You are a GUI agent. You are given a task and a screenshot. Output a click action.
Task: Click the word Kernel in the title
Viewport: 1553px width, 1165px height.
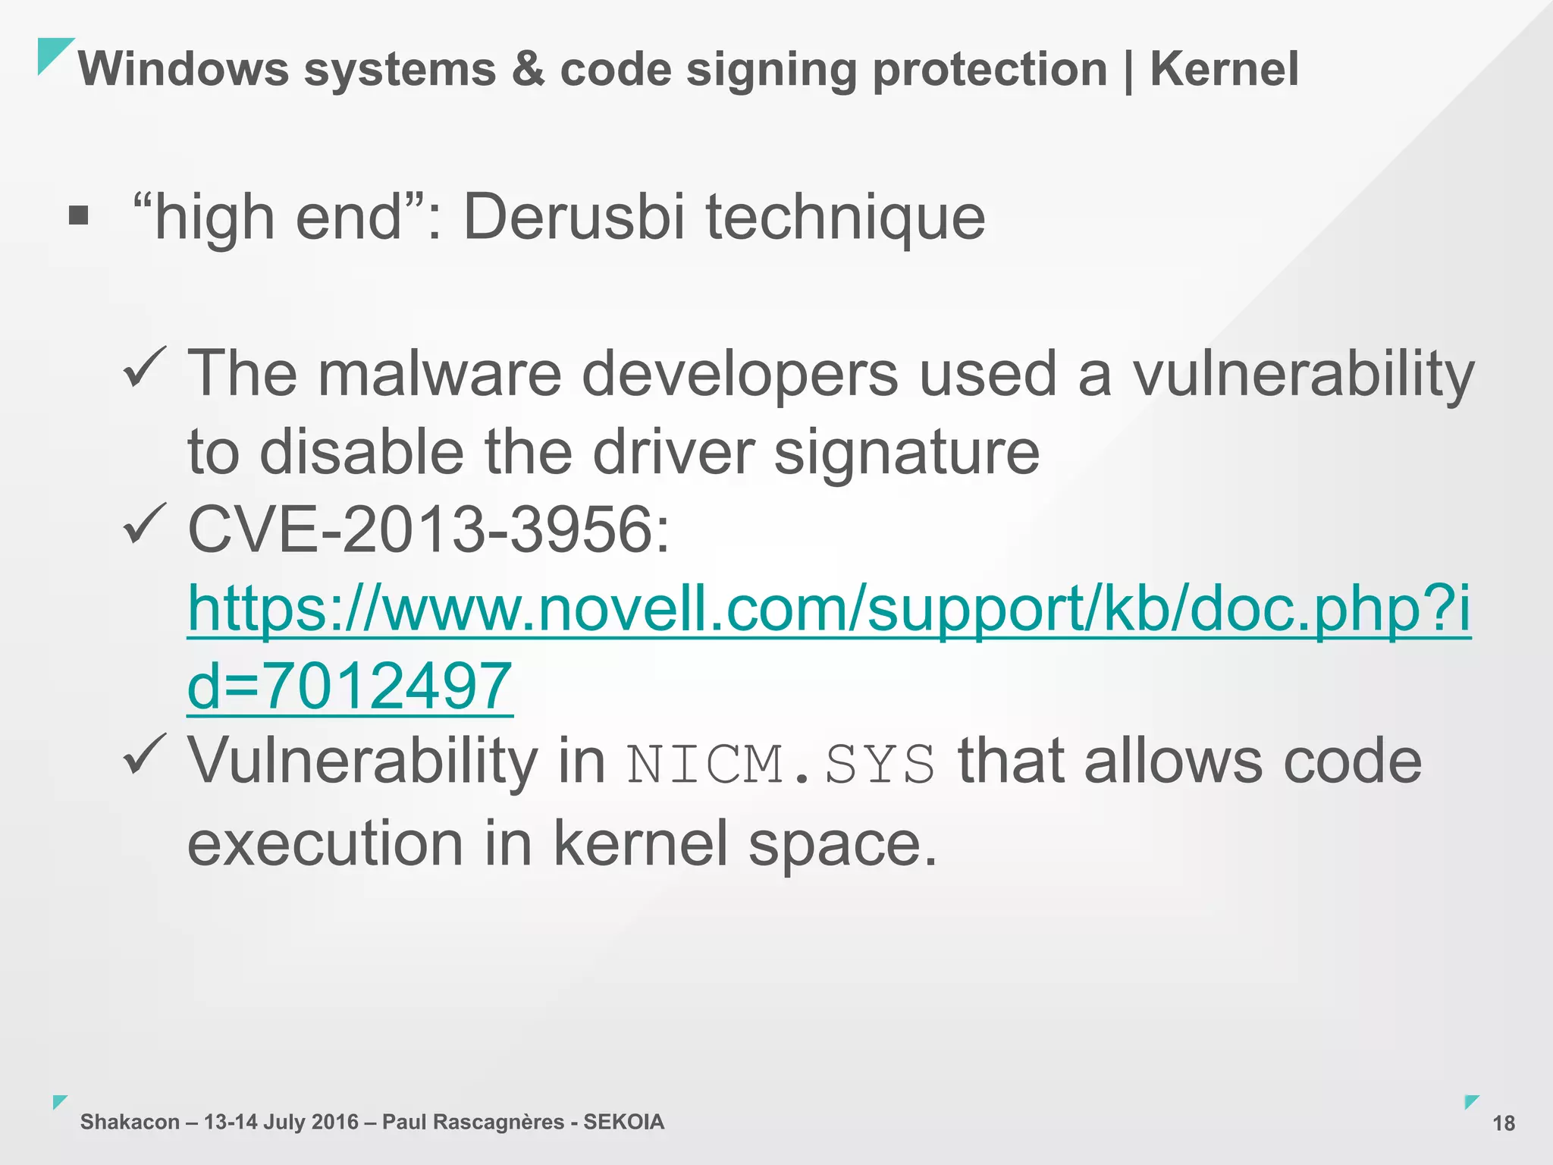click(1224, 69)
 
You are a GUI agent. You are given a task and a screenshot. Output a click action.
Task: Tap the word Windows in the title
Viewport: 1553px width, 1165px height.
click(184, 69)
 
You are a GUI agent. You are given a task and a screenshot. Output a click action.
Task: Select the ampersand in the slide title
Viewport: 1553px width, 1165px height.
click(528, 69)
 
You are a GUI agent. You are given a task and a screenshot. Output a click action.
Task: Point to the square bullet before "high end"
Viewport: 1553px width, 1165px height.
click(78, 216)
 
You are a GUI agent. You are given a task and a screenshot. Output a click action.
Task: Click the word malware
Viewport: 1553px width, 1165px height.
click(439, 373)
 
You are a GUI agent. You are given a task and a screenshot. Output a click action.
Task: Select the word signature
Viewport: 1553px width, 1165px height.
click(906, 453)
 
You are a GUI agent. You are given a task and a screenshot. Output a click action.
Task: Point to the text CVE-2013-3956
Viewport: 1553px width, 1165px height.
click(428, 529)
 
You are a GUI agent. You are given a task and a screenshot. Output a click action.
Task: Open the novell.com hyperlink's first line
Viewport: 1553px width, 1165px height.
click(829, 609)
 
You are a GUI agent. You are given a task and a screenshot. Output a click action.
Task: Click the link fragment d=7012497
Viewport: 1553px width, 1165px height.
click(350, 686)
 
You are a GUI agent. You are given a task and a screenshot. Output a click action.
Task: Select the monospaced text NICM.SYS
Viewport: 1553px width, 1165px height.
click(781, 765)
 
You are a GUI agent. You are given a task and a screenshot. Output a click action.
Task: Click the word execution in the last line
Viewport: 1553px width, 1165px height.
click(325, 843)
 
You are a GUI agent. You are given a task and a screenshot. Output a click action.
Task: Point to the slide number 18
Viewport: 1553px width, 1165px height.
click(1503, 1123)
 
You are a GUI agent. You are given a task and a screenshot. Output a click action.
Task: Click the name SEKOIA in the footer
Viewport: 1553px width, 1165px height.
click(623, 1122)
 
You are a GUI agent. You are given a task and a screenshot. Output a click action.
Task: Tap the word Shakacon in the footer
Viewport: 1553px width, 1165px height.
click(130, 1122)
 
